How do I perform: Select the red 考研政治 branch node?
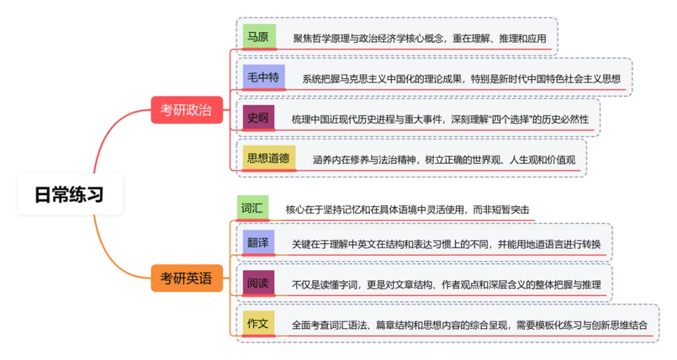[186, 110]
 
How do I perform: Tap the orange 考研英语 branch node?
[187, 278]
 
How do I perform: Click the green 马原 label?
[259, 36]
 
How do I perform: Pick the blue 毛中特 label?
[261, 77]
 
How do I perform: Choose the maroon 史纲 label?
[258, 117]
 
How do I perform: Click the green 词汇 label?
[252, 208]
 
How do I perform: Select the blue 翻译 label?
[258, 242]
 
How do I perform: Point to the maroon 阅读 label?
[258, 283]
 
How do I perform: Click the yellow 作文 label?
[258, 324]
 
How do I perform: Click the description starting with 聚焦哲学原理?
[419, 39]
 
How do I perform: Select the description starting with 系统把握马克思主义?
[461, 79]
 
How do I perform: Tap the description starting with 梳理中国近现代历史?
[440, 119]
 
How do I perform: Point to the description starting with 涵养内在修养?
[444, 160]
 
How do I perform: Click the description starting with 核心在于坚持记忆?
[411, 209]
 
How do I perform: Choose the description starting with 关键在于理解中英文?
[446, 245]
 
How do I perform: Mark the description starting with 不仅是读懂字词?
[446, 285]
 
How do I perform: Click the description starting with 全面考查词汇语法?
[470, 326]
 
